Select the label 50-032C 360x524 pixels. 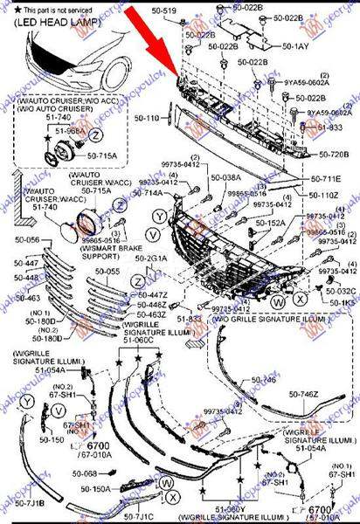tap(340, 291)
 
